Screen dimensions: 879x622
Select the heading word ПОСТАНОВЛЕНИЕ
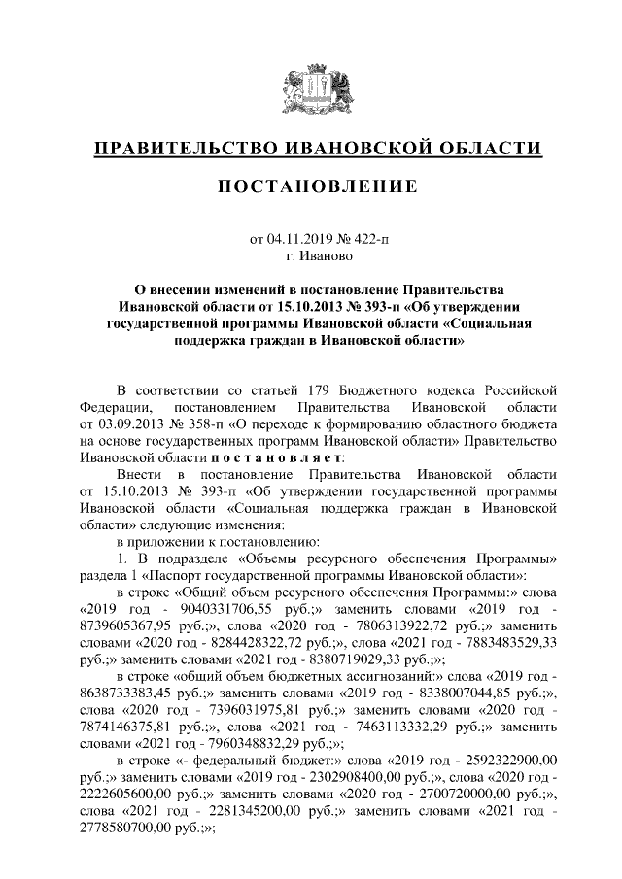pyautogui.click(x=310, y=186)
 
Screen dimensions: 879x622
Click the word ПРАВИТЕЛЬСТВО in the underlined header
pyautogui.click(x=184, y=149)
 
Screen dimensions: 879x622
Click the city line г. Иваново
pyautogui.click(x=310, y=256)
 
